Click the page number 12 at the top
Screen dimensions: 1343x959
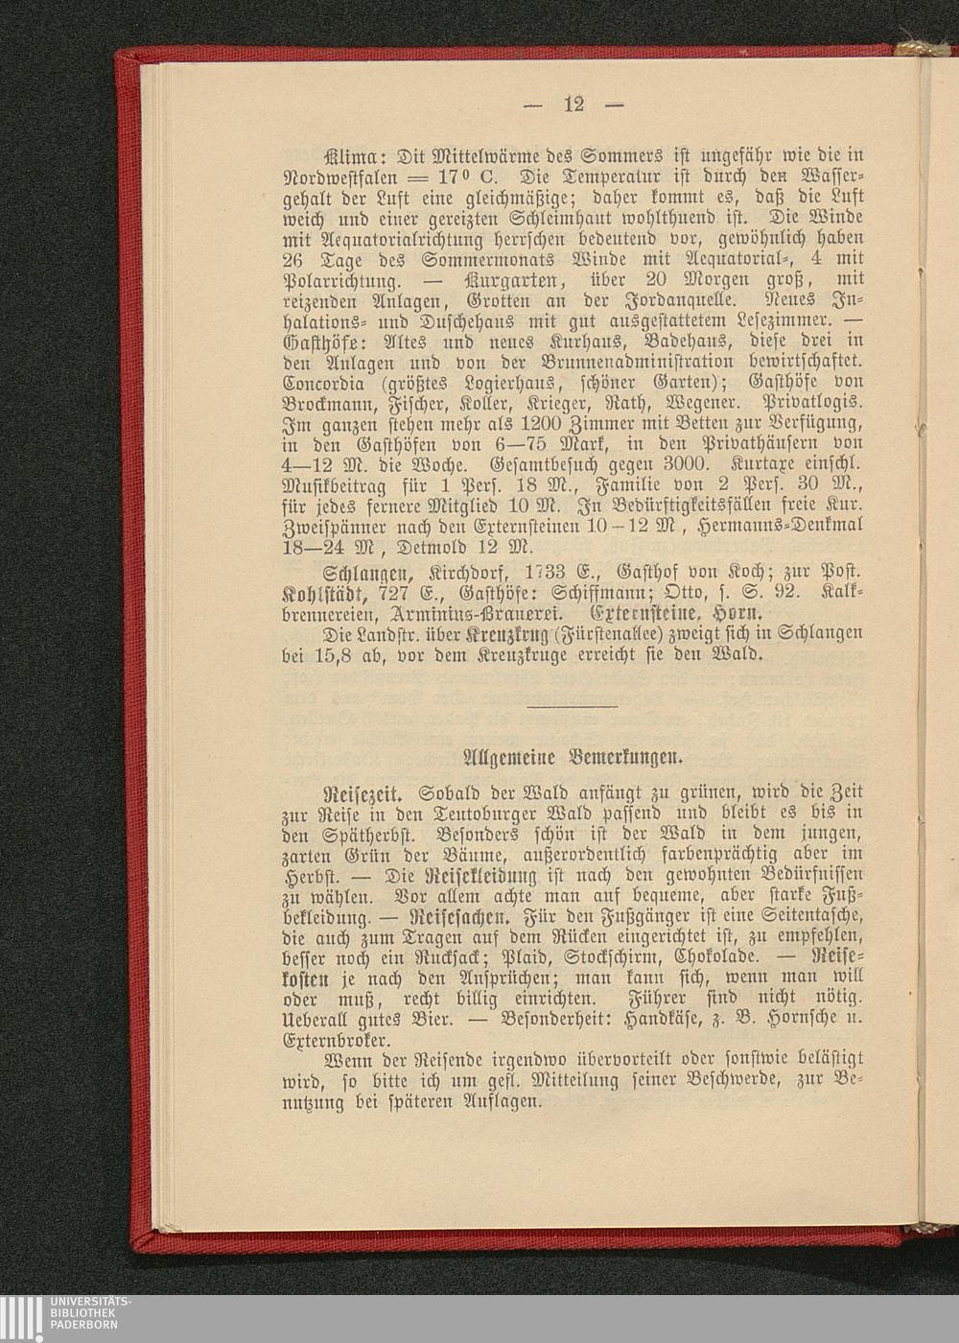click(573, 104)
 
